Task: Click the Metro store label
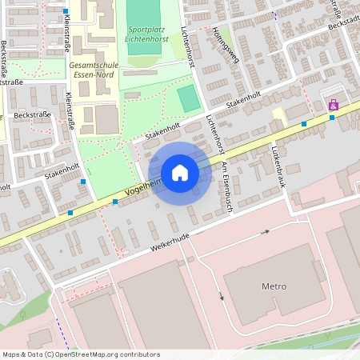pyautogui.click(x=274, y=286)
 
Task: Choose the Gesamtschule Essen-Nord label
pyautogui.click(x=92, y=70)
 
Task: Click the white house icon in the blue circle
pyautogui.click(x=179, y=173)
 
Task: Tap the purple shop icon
pyautogui.click(x=333, y=104)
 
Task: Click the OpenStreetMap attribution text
pyautogui.click(x=80, y=354)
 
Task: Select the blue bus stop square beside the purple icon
pyautogui.click(x=332, y=118)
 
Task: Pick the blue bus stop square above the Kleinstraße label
pyautogui.click(x=66, y=11)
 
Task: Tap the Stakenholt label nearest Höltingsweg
pyautogui.click(x=244, y=99)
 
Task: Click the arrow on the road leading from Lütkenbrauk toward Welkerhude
pyautogui.click(x=267, y=233)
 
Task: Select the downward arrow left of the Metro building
pyautogui.click(x=222, y=296)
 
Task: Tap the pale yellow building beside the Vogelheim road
pyautogui.click(x=281, y=118)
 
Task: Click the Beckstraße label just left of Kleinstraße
pyautogui.click(x=33, y=115)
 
